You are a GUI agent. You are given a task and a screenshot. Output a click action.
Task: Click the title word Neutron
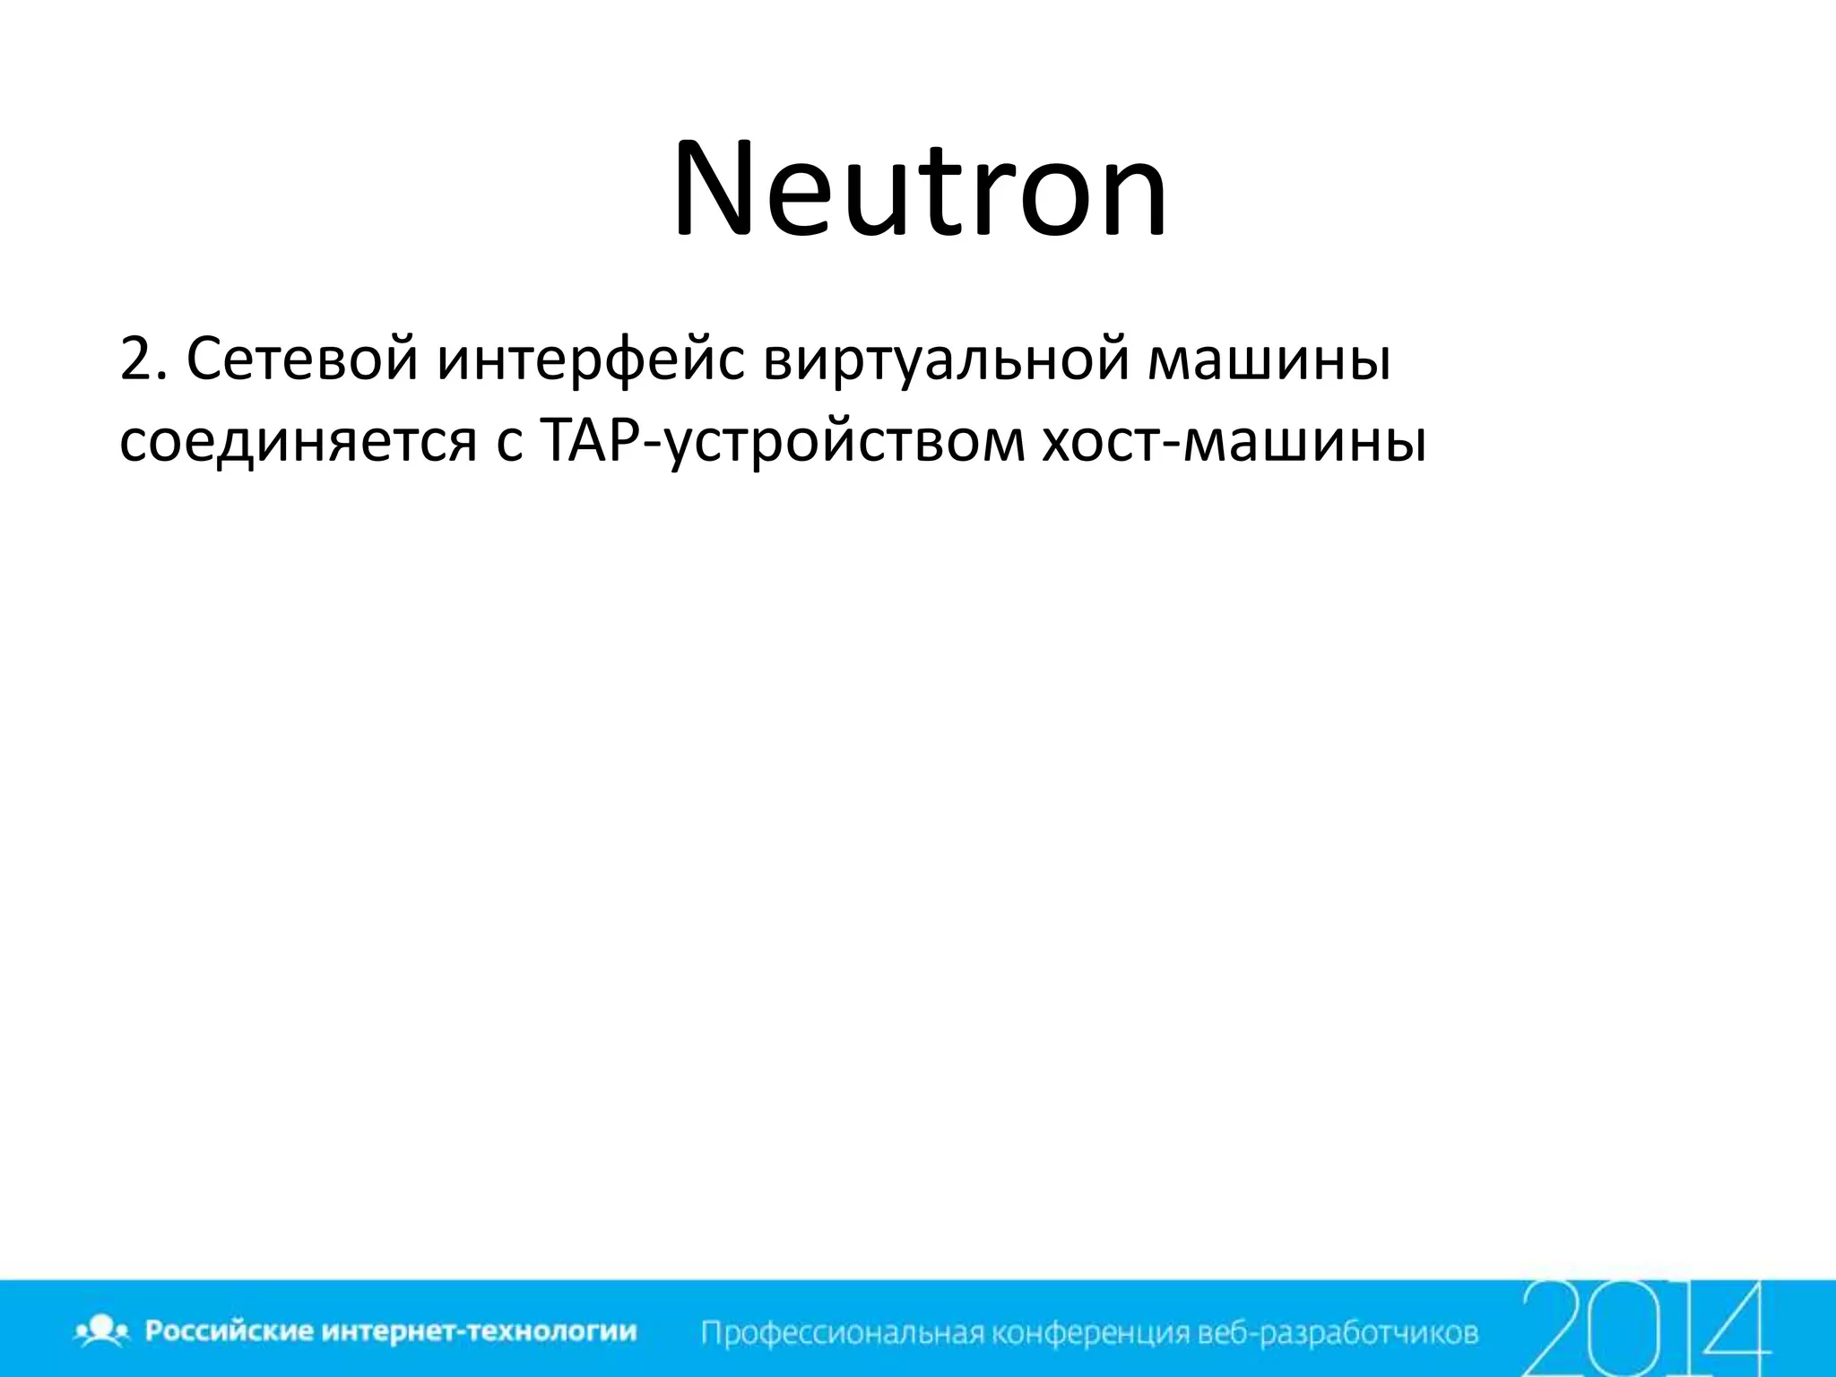tap(920, 190)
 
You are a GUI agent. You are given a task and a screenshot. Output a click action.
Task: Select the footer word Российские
tap(229, 1330)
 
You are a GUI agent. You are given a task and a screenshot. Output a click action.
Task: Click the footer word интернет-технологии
tap(479, 1330)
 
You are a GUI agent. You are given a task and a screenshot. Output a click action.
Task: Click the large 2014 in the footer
tap(1645, 1327)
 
